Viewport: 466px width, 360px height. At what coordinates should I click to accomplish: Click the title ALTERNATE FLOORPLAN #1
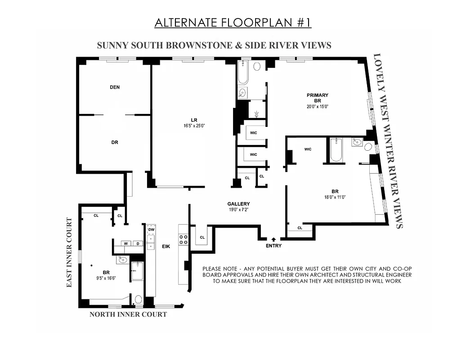pos(233,23)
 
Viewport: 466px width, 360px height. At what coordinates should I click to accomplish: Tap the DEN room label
pos(115,87)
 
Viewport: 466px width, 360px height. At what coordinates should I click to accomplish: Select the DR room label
pos(115,142)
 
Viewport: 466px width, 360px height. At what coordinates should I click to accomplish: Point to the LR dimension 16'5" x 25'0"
pos(194,126)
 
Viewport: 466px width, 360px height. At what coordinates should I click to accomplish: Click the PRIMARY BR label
pos(318,98)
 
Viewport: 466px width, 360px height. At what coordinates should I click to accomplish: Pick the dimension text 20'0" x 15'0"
pos(318,107)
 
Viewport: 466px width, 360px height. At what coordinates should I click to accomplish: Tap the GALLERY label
pos(238,204)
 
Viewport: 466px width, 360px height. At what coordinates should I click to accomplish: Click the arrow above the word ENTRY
pos(274,239)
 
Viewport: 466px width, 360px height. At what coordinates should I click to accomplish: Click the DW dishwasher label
pos(151,229)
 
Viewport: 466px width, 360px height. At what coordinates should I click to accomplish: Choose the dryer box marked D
pos(137,243)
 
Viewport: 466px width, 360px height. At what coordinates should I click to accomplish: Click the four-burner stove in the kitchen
pos(184,239)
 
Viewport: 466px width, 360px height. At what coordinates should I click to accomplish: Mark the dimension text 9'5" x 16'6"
pos(106,279)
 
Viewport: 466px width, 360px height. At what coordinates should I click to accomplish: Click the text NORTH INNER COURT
pos(128,315)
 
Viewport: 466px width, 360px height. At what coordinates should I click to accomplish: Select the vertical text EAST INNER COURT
pos(70,253)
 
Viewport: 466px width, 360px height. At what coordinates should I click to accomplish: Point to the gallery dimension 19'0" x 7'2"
pos(238,210)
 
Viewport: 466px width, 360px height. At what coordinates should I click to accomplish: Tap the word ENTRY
pos(274,246)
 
